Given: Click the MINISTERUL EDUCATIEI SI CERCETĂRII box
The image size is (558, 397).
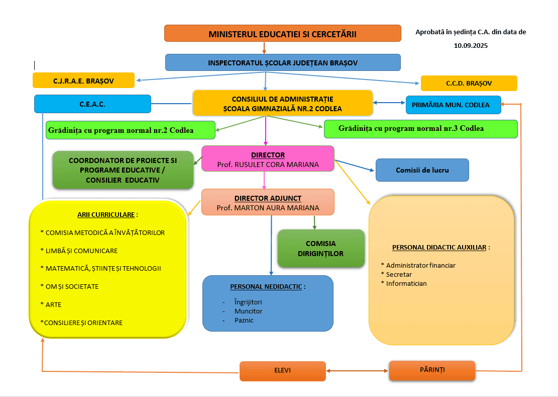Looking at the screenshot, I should [x=282, y=33].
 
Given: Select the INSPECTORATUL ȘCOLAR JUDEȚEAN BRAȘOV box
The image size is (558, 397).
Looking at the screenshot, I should [x=283, y=62].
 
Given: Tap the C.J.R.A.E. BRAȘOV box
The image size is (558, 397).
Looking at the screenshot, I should [x=83, y=81].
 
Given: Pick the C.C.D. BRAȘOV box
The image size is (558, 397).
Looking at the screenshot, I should [x=469, y=83].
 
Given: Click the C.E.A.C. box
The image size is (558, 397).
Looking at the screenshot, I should [x=92, y=104].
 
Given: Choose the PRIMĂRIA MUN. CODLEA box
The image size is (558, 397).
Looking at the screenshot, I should [x=453, y=105].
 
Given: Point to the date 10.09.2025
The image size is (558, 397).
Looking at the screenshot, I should [x=471, y=45].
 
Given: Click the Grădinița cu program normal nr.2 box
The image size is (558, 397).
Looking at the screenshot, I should [x=130, y=130].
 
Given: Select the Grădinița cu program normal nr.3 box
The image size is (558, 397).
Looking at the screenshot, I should [x=420, y=128].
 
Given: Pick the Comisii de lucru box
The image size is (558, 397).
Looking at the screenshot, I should [x=422, y=170].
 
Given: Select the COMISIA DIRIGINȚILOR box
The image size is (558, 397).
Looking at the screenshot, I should [x=321, y=249].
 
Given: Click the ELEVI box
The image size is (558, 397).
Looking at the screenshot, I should [x=282, y=371].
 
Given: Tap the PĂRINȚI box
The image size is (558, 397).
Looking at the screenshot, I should [x=432, y=370].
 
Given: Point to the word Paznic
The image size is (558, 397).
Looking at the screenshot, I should [x=244, y=320].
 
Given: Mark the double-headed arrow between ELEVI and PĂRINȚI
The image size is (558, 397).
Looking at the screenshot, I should [x=357, y=371].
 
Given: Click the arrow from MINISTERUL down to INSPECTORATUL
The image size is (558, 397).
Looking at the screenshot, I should [x=264, y=48].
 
